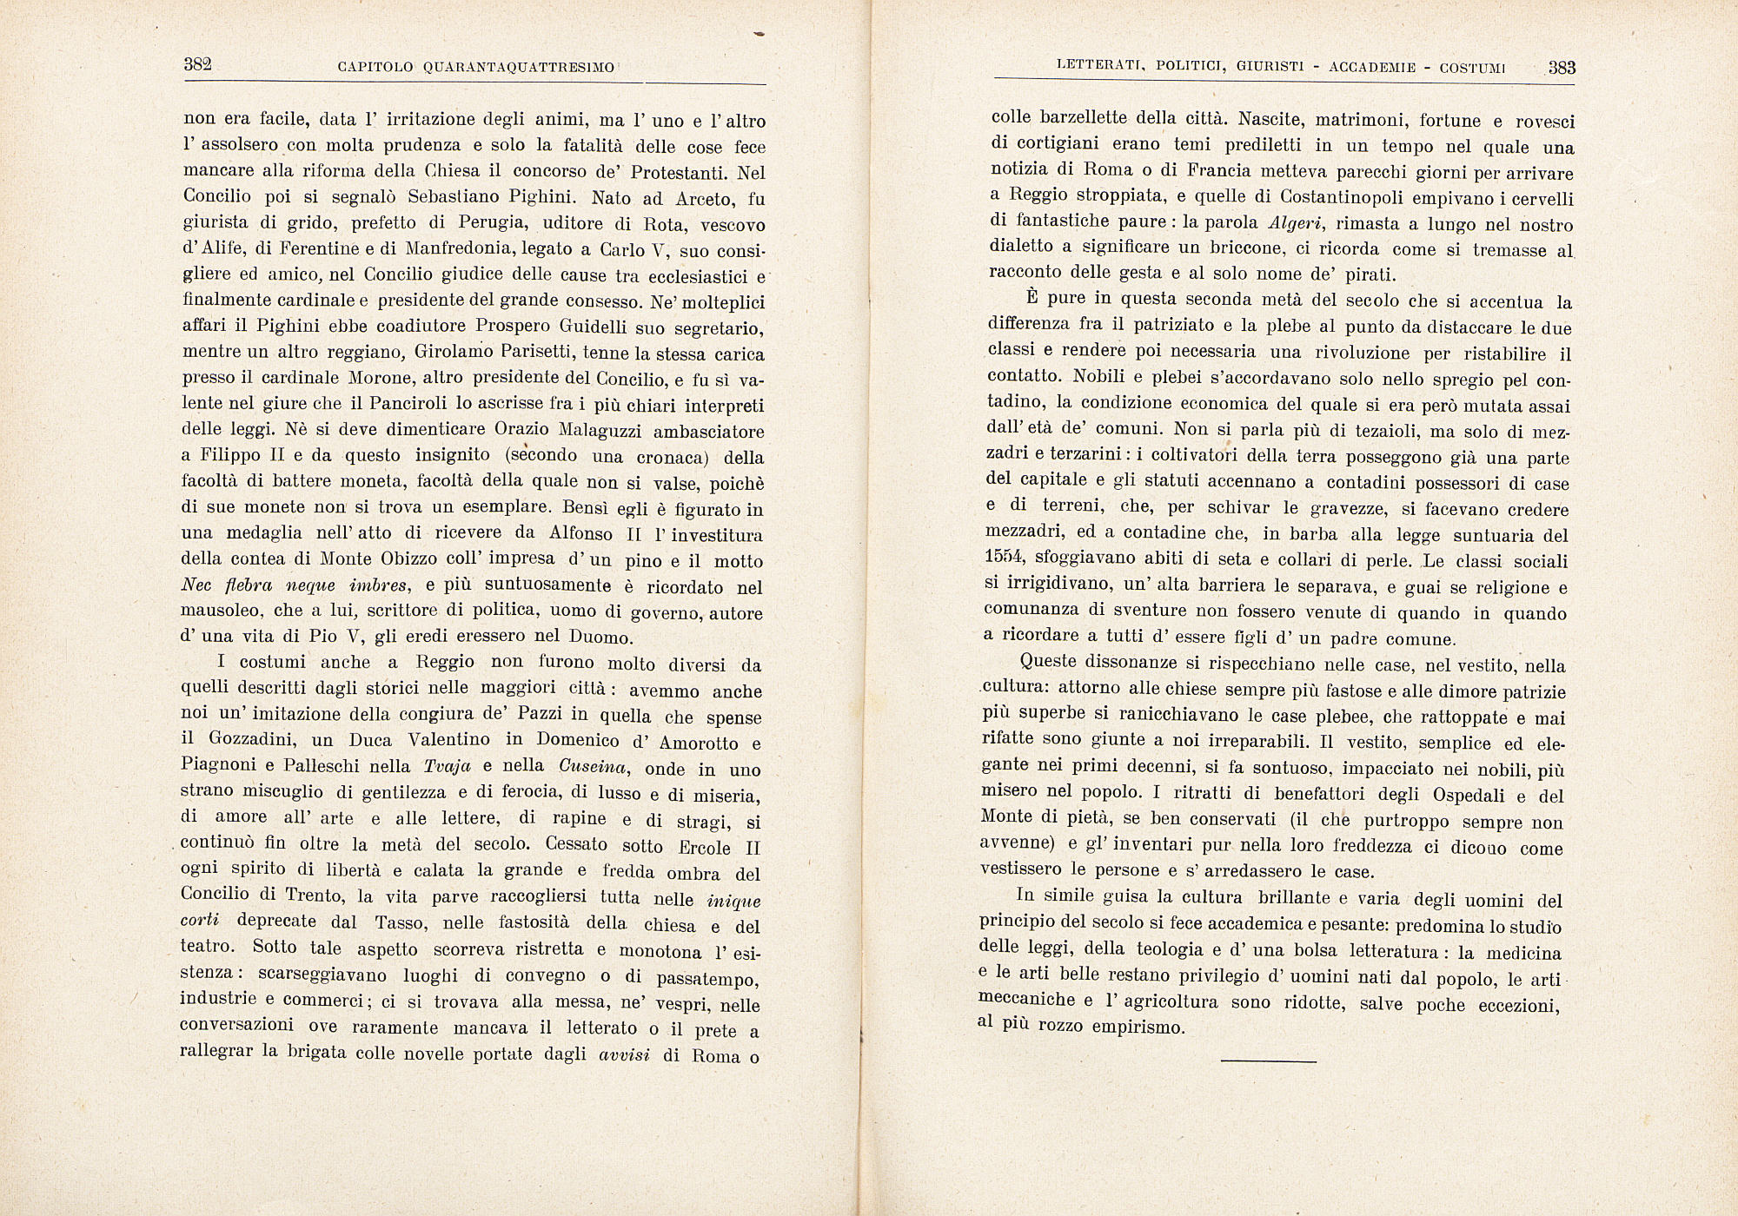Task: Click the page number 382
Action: [x=198, y=65]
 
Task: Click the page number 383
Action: [x=1562, y=68]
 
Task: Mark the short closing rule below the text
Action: [x=1269, y=1061]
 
